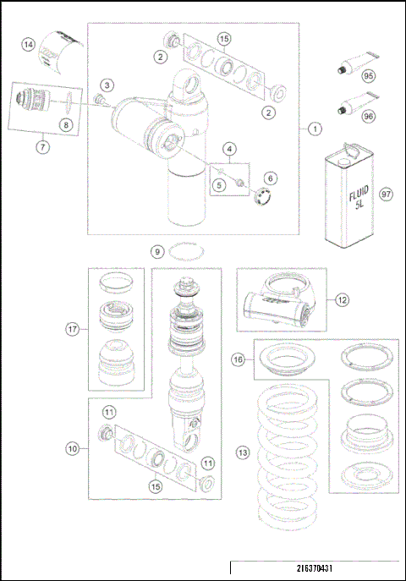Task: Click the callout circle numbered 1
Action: click(314, 129)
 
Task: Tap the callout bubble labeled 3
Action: click(107, 85)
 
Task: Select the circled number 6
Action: click(271, 178)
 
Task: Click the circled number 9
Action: click(156, 251)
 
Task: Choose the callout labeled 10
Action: click(72, 449)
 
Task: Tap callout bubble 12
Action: click(342, 299)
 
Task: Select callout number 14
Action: click(29, 45)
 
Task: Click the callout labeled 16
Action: click(239, 359)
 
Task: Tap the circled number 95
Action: click(369, 75)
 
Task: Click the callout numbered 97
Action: click(387, 194)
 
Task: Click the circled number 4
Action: click(229, 149)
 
